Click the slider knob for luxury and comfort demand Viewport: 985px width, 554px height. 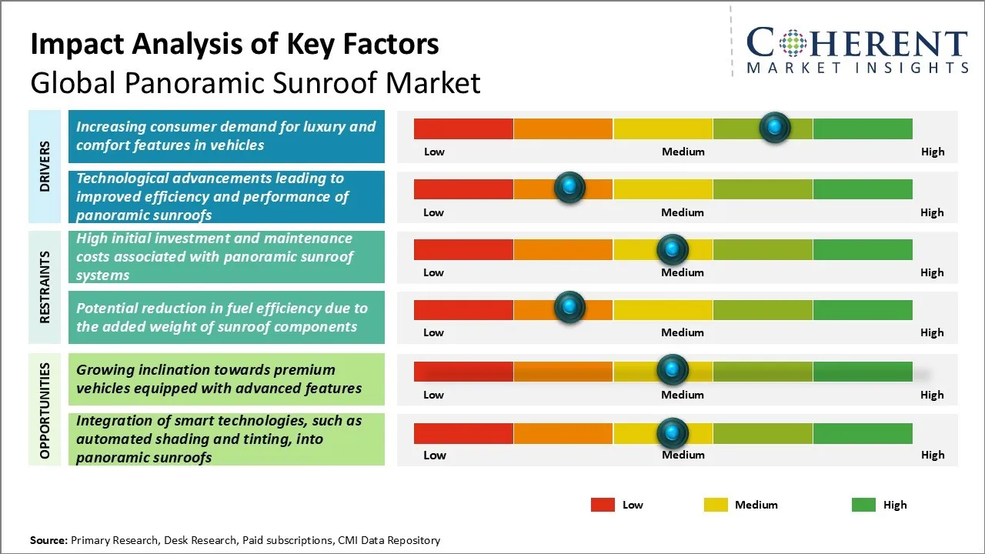[775, 127]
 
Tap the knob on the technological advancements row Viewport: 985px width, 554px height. [569, 187]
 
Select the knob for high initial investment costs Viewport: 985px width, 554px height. [672, 249]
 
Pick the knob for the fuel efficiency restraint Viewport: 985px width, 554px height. [569, 307]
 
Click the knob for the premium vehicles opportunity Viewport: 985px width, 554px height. [672, 370]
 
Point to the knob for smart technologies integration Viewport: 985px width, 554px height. [672, 433]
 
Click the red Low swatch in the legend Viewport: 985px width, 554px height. [603, 505]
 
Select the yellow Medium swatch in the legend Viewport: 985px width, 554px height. [716, 505]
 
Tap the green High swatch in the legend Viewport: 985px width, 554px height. [863, 505]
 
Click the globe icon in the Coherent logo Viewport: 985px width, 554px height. [791, 44]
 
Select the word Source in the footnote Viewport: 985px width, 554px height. [48, 540]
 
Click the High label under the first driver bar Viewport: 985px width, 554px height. [933, 152]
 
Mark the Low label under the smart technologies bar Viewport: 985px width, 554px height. [435, 455]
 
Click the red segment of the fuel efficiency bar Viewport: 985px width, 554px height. [463, 309]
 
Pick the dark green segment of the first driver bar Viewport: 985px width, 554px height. [862, 128]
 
